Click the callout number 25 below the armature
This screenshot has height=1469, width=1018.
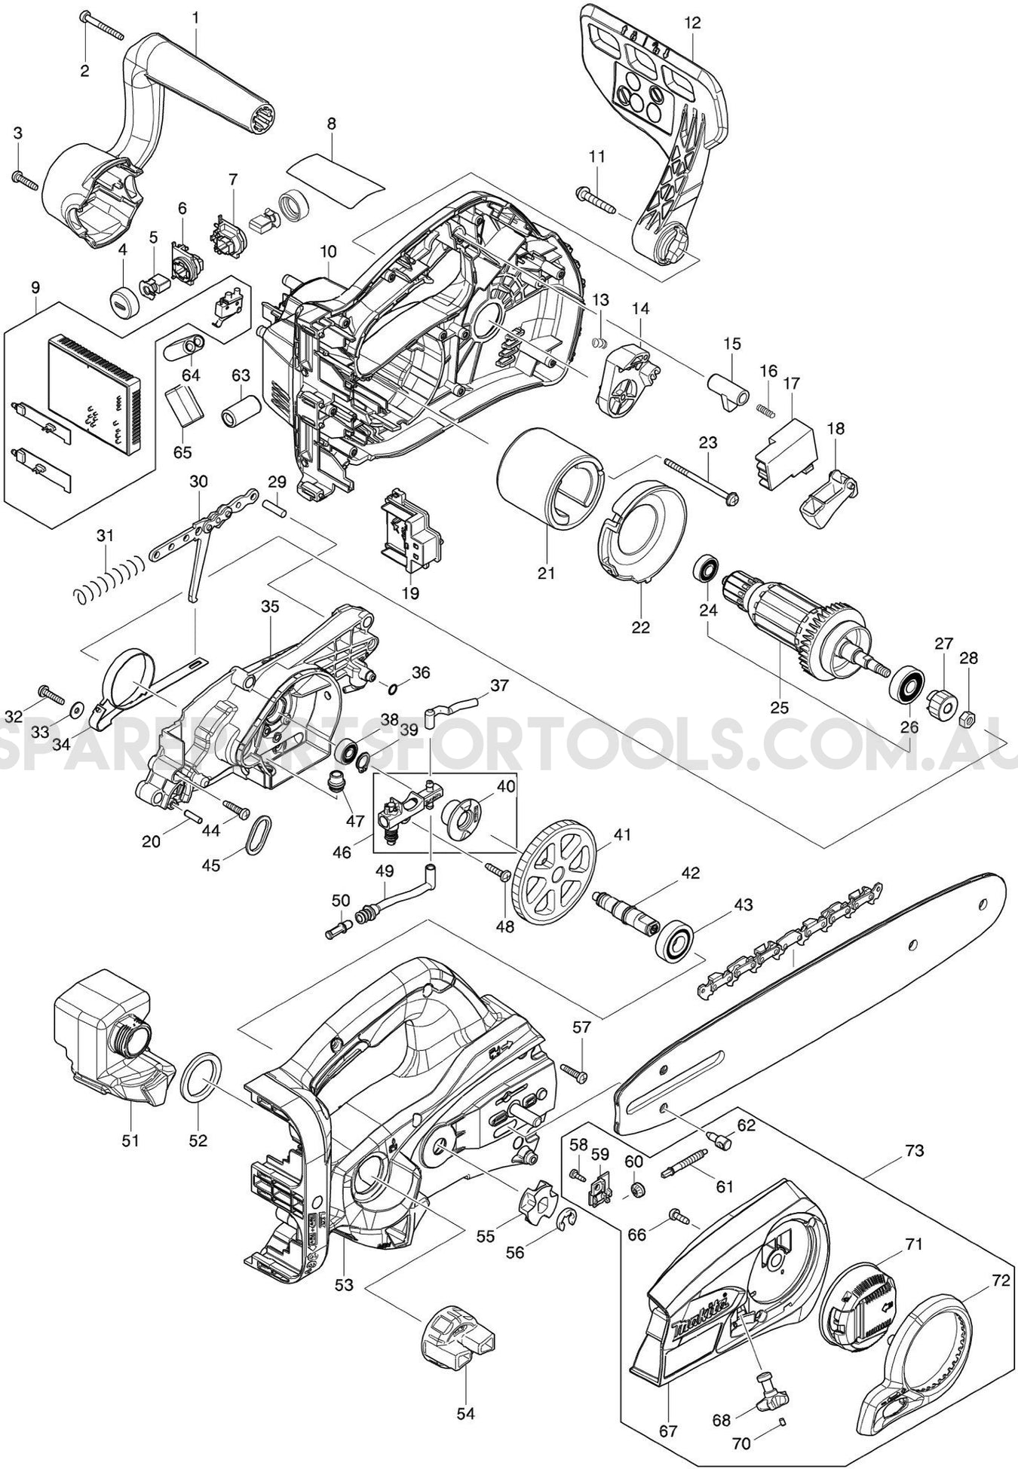click(779, 708)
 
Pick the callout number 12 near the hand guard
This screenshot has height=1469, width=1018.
click(692, 23)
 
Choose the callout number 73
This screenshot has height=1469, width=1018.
click(915, 1152)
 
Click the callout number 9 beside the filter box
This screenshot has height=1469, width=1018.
click(35, 288)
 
